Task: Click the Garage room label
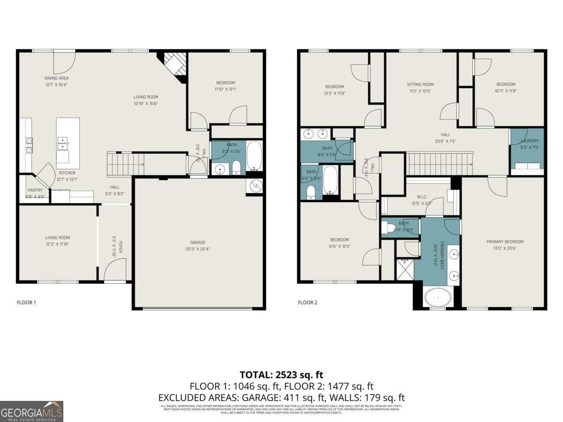coord(198,242)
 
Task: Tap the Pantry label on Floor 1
coord(35,190)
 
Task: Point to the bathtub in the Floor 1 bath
coord(254,157)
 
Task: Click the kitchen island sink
coord(63,140)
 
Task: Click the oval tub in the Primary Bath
coord(438,297)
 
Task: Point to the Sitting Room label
coord(420,84)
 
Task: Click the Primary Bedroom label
coord(504,242)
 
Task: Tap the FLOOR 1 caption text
coord(26,302)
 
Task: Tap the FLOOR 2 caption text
coord(308,302)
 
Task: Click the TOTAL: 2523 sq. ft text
coord(281,375)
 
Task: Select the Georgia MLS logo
coord(31,411)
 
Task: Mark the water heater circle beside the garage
coord(255,186)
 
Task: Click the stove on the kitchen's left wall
coord(29,145)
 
